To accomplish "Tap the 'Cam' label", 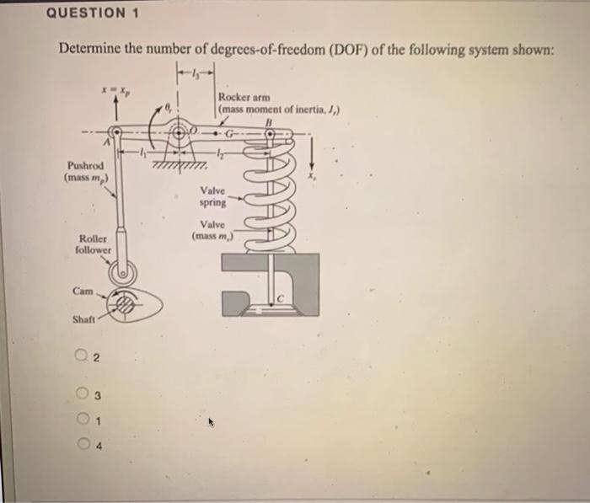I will pyautogui.click(x=83, y=291).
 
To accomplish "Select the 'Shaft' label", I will pyautogui.click(x=83, y=319).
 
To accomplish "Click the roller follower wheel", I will pyautogui.click(x=125, y=270).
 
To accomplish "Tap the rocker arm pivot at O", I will pyautogui.click(x=180, y=132).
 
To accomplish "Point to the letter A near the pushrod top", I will pyautogui.click(x=107, y=145).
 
